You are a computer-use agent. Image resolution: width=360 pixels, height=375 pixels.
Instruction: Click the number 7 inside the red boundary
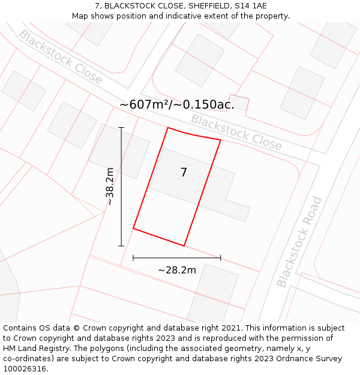pos(184,173)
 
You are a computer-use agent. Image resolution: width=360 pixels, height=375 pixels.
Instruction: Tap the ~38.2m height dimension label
pos(110,187)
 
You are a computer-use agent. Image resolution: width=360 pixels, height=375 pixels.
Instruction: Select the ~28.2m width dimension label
pos(177,270)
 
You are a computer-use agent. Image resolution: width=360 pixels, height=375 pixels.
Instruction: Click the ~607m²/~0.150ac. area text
pos(176,104)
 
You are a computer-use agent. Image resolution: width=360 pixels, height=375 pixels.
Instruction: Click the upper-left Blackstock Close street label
pos(61,56)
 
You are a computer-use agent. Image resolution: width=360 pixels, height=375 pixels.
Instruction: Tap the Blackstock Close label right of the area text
pos(236,132)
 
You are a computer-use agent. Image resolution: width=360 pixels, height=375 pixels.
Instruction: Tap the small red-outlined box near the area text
pos(239,103)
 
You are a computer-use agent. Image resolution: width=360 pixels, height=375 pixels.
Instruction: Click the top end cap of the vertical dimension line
pos(121,128)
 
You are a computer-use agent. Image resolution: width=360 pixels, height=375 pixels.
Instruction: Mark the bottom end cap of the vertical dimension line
pos(121,245)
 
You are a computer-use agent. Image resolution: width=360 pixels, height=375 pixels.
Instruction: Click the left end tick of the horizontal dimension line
pos(133,258)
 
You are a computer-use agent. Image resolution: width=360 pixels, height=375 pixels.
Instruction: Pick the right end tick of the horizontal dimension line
pos(221,258)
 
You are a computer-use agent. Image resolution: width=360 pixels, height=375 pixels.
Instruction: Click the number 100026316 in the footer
pos(25,369)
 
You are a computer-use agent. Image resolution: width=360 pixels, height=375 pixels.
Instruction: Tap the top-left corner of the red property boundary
pos(168,128)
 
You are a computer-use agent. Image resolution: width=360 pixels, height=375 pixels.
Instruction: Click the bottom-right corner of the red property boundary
pos(184,245)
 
